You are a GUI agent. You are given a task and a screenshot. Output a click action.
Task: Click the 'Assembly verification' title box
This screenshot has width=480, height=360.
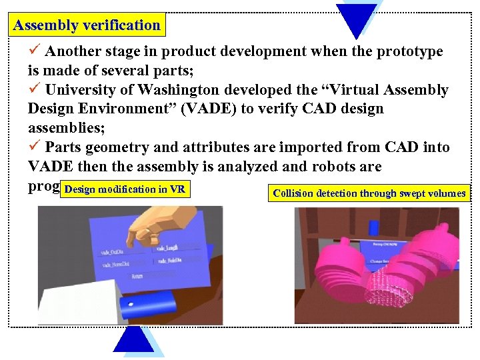[87, 26]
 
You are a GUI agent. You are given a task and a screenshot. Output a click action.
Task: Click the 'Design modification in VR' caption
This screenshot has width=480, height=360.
[125, 189]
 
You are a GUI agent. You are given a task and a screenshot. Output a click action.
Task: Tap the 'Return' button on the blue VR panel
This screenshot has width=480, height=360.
[137, 275]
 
